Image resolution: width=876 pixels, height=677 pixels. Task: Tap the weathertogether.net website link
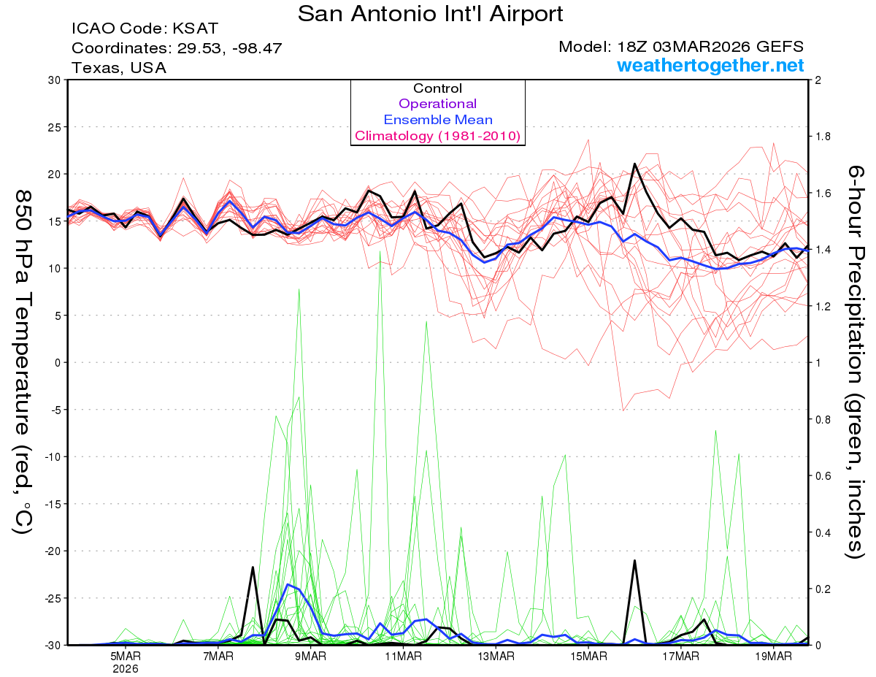710,66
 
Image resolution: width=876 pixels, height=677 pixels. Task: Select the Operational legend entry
437,104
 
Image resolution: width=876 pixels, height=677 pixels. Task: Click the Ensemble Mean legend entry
437,120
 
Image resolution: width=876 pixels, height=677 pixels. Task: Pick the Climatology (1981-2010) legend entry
437,136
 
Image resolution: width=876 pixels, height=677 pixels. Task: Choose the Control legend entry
437,88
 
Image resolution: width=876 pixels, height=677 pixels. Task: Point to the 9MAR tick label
310,656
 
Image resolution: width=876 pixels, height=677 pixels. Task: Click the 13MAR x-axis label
495,656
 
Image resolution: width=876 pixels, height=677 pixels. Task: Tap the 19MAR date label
772,656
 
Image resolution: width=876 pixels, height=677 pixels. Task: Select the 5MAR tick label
126,656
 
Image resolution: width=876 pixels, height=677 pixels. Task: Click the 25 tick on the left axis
53,127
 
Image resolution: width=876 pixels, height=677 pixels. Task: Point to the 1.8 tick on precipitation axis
823,137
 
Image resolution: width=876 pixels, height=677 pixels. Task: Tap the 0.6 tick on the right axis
823,475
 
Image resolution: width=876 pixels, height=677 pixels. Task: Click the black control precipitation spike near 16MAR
634,562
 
